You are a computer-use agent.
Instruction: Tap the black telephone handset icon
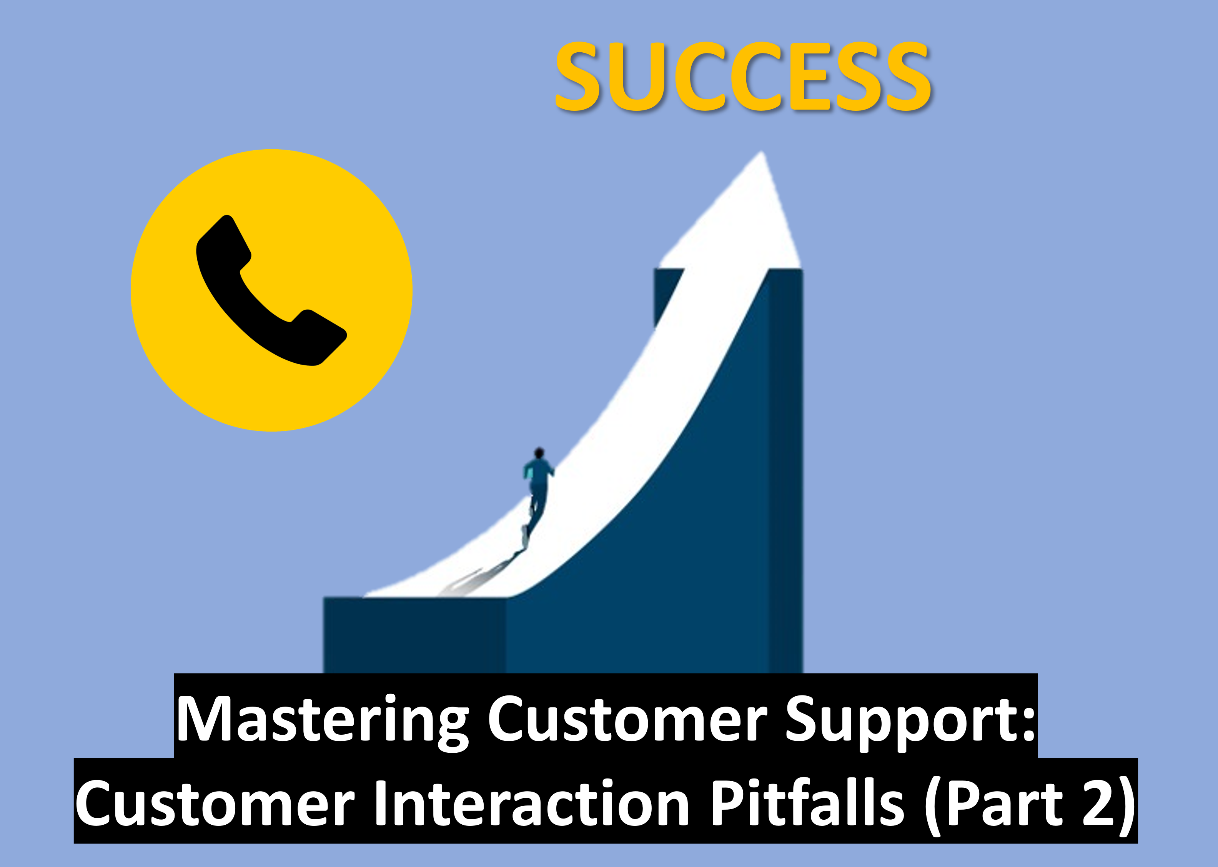tap(271, 291)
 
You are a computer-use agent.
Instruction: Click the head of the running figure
tap(539, 453)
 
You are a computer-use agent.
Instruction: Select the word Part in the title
tap(998, 802)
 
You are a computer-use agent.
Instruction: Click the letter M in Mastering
tap(205, 718)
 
